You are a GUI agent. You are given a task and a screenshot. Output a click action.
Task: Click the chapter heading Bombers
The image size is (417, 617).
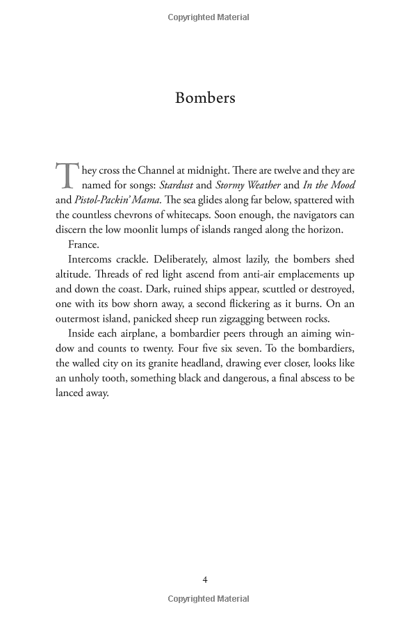coord(205,97)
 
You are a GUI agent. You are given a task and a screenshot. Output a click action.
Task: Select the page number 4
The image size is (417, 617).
coord(205,579)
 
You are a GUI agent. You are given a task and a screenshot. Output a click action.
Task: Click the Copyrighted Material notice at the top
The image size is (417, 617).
coord(208,15)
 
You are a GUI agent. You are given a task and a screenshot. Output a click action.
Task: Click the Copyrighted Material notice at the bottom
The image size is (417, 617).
coord(208,598)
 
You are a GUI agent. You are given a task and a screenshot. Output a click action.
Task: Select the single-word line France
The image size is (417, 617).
coord(84,244)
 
